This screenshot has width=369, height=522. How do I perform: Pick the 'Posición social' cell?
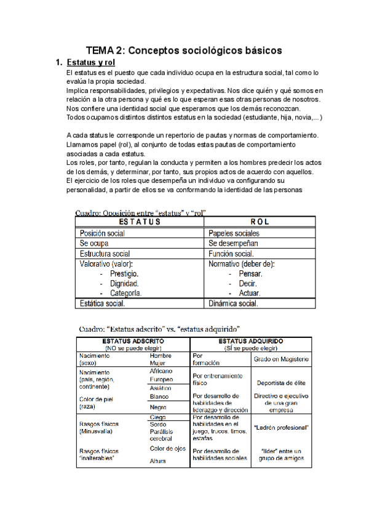point(102,233)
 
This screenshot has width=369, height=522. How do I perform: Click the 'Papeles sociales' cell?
point(234,233)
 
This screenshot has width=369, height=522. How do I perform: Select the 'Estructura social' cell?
point(105,254)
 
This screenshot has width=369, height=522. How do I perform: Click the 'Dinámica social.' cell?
point(234,303)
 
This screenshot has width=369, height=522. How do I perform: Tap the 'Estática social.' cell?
point(103,303)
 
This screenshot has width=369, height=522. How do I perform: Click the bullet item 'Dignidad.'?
point(124,284)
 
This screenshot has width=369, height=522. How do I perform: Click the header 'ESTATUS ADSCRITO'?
point(132,340)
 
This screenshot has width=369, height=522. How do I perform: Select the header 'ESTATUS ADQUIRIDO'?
point(252,340)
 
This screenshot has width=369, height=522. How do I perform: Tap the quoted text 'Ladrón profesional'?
point(280,427)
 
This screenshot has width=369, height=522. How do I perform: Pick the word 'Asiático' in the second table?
point(161,388)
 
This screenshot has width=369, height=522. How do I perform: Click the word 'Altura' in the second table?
point(159,461)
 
